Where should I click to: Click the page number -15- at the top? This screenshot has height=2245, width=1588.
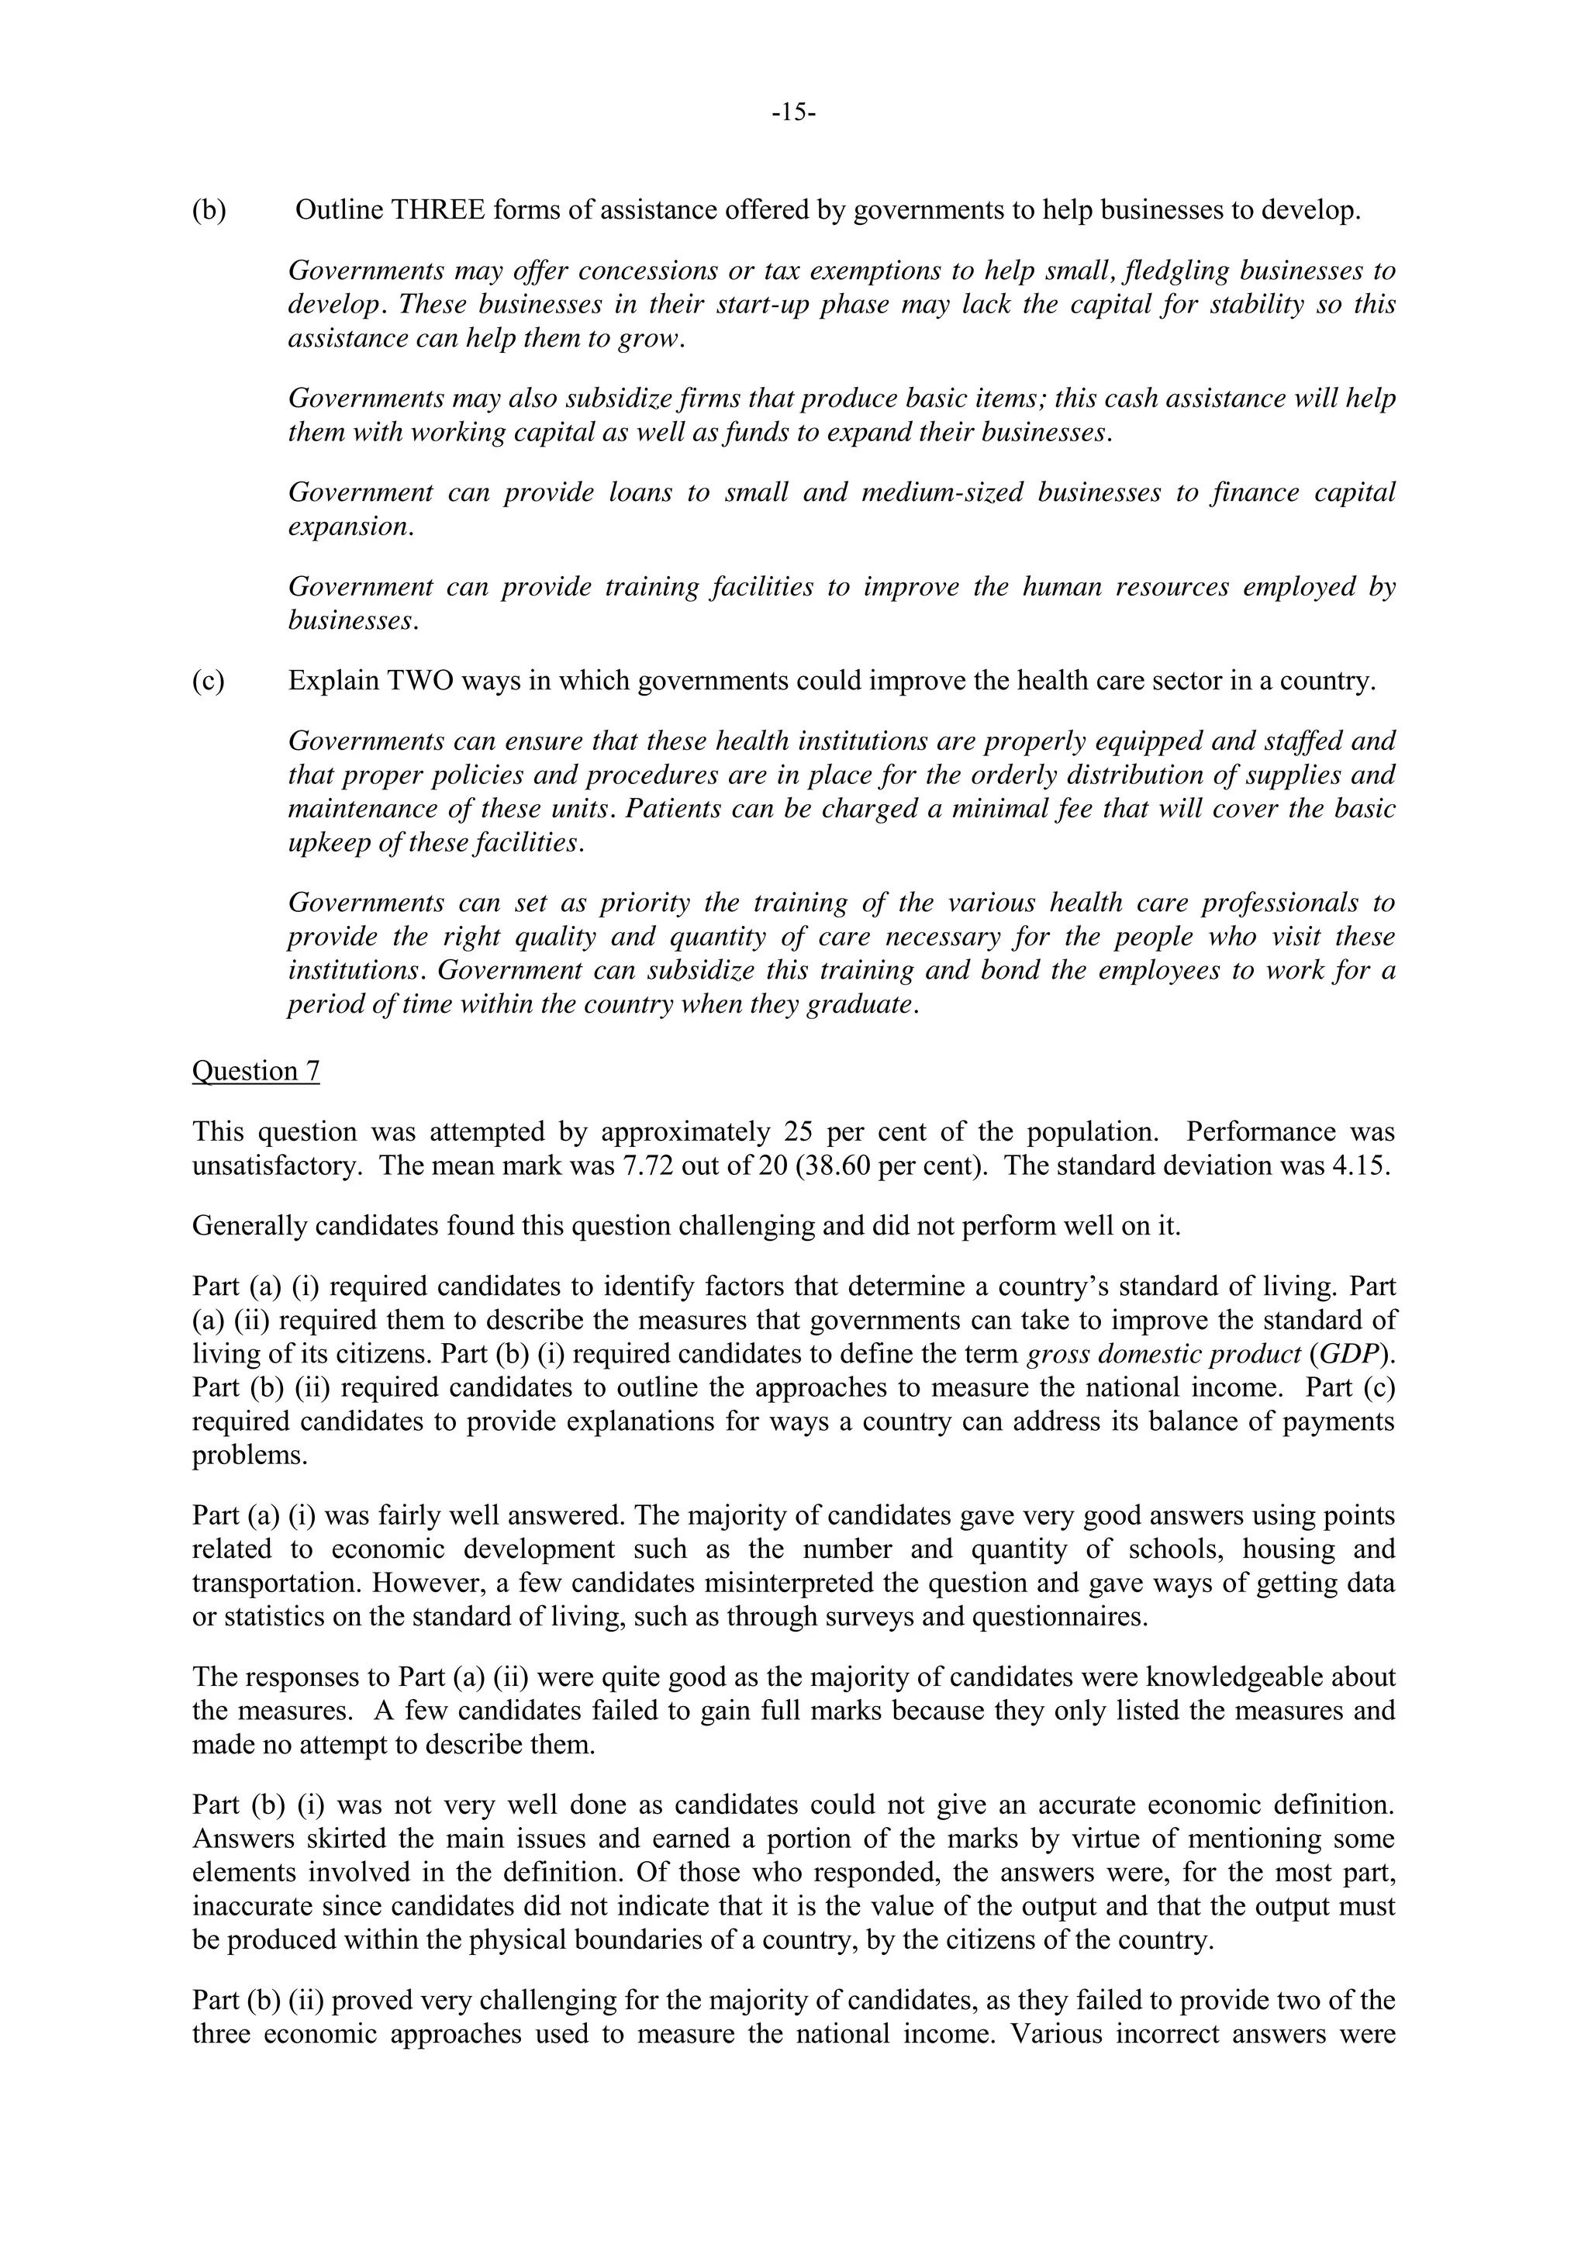pyautogui.click(x=793, y=112)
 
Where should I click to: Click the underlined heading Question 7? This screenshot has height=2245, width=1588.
pyautogui.click(x=255, y=1071)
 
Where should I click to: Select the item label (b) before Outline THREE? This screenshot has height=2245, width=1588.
pyautogui.click(x=209, y=210)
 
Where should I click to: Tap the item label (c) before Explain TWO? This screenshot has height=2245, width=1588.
pyautogui.click(x=209, y=681)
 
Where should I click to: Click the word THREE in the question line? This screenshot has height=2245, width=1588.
pyautogui.click(x=438, y=210)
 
